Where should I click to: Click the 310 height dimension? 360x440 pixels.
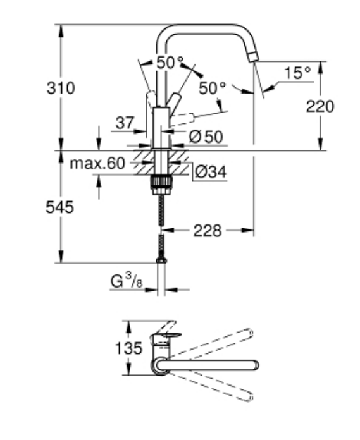click(x=61, y=88)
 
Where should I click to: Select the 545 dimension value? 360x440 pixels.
click(x=60, y=207)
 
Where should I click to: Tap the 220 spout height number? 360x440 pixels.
click(x=320, y=107)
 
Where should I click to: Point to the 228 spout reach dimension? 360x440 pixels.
click(x=208, y=231)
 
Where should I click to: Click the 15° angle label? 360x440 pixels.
click(x=297, y=73)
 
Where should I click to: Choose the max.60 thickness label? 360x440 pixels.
click(x=97, y=163)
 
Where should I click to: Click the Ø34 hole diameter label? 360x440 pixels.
click(x=210, y=171)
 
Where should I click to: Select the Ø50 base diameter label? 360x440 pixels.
click(x=206, y=137)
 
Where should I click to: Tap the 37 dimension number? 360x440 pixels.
click(x=125, y=123)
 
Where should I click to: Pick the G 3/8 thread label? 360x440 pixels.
click(x=126, y=281)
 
